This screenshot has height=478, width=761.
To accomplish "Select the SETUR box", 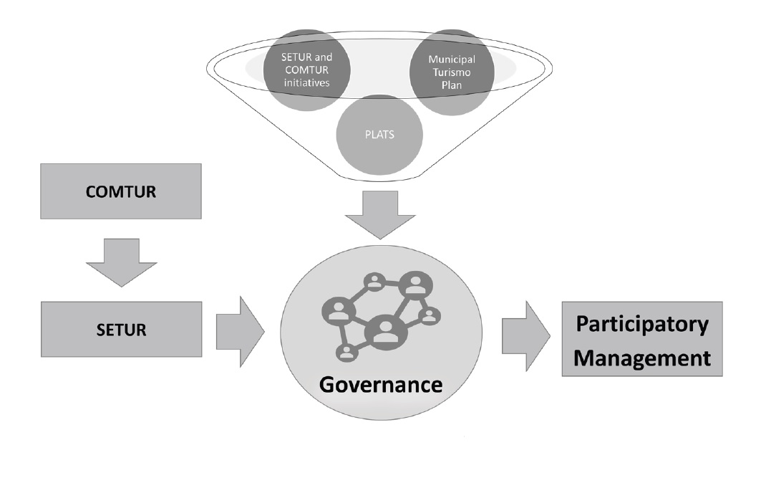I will [121, 330].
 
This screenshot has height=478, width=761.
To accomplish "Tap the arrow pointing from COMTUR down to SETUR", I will [121, 262].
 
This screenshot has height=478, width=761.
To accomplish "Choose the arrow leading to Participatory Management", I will [525, 335].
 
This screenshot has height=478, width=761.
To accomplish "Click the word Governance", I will [380, 384].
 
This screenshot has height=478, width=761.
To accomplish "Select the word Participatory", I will [642, 324].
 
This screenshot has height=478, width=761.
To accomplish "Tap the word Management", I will [642, 356].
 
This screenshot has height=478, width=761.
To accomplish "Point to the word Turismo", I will [452, 70].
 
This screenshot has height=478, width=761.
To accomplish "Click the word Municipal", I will [452, 58].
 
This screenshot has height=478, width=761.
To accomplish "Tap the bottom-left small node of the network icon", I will [346, 352].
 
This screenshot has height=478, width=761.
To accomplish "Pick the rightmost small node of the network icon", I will [430, 315].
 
